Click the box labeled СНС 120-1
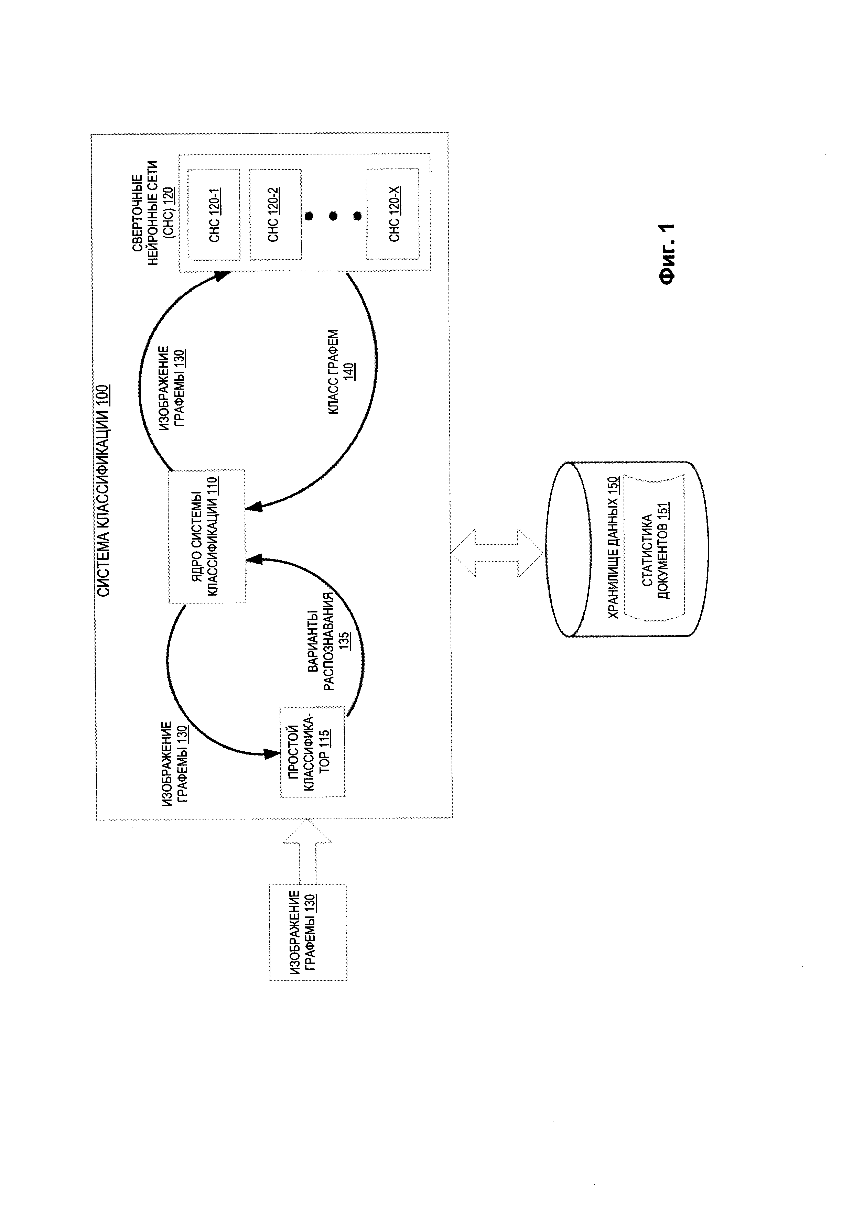[x=213, y=214]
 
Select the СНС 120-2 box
[x=275, y=214]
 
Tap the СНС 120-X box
[x=393, y=214]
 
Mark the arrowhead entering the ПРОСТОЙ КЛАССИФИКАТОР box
[x=273, y=754]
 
